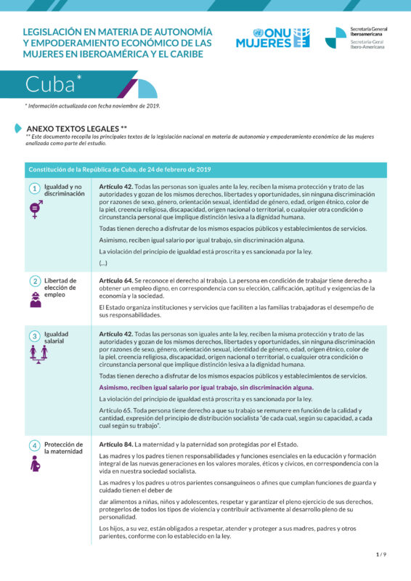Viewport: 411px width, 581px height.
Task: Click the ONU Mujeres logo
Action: [272, 38]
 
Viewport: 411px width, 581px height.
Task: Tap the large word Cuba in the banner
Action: [51, 85]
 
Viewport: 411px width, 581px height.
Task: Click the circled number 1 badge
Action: [34, 189]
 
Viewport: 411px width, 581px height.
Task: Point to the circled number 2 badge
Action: [34, 281]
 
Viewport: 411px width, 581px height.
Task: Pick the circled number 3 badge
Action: [34, 336]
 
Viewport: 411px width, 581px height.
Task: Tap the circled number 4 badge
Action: [34, 445]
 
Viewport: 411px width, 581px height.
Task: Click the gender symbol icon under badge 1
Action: [34, 209]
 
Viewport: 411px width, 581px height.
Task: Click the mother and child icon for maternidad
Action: [35, 463]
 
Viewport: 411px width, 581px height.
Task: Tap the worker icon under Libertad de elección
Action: [35, 298]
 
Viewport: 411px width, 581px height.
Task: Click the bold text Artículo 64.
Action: [115, 280]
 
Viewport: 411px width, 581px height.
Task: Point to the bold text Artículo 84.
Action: [115, 444]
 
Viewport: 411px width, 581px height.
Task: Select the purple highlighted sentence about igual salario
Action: [206, 388]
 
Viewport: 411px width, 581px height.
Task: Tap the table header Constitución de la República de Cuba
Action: [120, 170]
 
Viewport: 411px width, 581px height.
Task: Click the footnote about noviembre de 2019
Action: [92, 106]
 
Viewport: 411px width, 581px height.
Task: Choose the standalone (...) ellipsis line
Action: [103, 262]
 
